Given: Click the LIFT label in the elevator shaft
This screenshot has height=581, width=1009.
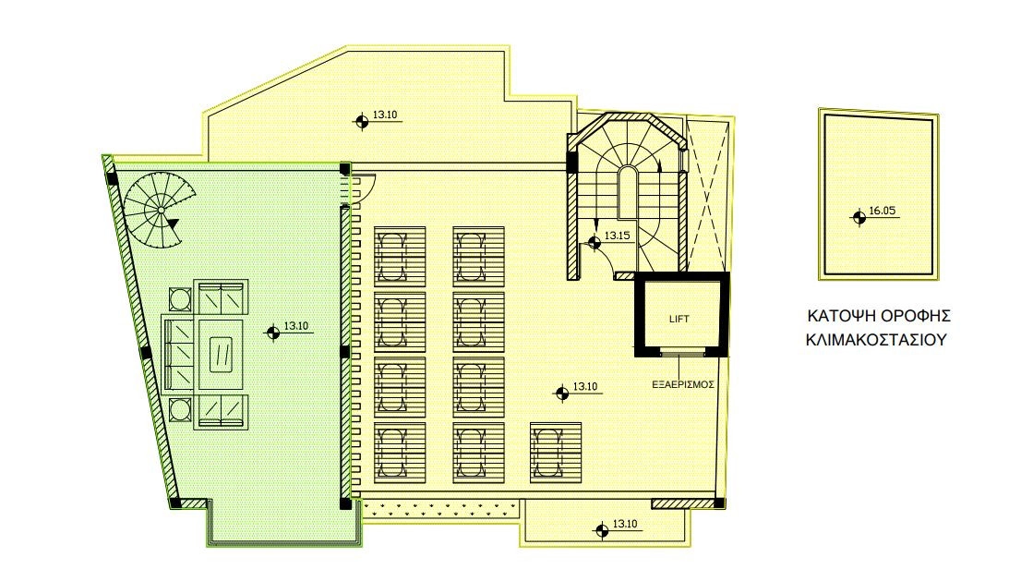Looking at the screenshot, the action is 679,319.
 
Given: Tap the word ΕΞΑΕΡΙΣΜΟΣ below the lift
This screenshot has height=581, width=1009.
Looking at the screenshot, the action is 683,384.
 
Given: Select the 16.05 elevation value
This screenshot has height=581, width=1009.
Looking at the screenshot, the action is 883,210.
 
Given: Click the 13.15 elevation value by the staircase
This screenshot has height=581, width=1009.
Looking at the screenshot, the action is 617,236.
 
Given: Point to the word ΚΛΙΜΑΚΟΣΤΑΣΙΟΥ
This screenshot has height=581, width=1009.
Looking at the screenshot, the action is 876,339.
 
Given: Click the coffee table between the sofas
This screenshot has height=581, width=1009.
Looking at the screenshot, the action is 221,355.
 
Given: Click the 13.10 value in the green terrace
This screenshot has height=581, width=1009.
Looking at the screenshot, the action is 296,326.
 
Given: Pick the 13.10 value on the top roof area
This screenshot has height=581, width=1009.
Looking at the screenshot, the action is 384,115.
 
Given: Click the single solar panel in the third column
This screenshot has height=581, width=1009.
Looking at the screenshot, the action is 556,453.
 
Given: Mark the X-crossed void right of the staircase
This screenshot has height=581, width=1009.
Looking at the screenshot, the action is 708,193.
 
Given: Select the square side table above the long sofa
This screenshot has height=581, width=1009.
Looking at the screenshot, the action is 180,299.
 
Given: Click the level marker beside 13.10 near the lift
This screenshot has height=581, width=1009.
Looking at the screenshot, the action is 562,393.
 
